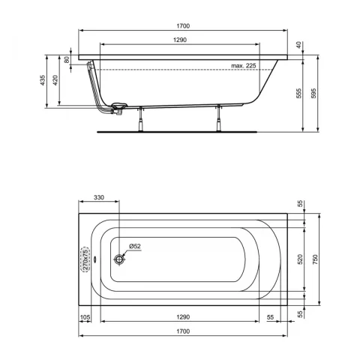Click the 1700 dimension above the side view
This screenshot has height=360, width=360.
point(183,26)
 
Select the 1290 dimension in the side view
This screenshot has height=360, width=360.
point(180,40)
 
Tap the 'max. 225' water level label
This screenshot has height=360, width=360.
point(244,66)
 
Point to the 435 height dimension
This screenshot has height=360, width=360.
point(43,80)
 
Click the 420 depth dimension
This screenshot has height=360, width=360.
point(55,80)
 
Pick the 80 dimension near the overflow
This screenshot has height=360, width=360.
point(67,60)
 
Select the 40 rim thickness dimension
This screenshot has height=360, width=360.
point(298,45)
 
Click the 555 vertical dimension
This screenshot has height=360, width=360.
point(299,93)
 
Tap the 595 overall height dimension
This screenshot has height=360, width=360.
point(313,93)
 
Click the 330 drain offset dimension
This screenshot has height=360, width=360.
point(99,197)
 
